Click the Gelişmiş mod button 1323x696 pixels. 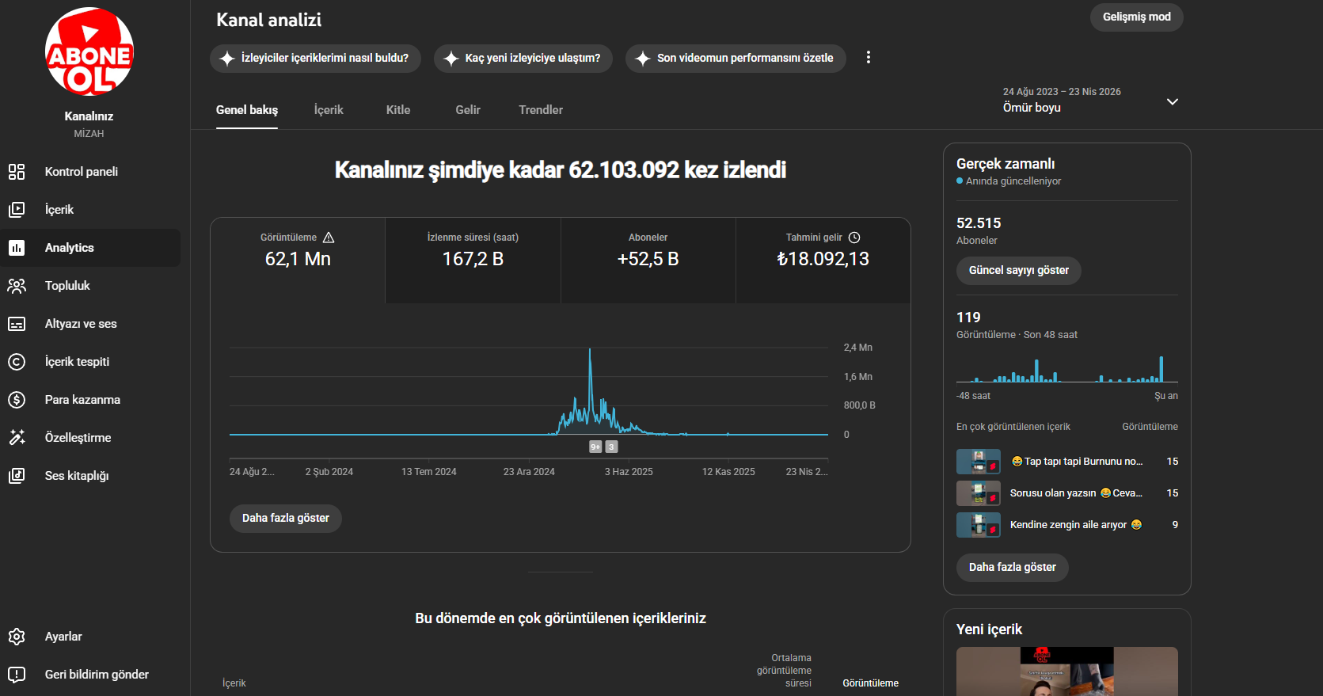pos(1136,17)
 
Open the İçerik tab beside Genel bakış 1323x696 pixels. pos(329,110)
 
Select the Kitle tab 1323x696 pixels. pos(398,110)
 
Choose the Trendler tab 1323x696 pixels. pos(541,110)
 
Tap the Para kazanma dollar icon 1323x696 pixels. pos(17,400)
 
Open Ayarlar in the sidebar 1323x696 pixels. pos(63,637)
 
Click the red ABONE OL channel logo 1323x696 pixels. pos(89,51)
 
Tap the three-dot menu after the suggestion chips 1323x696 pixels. pos(869,57)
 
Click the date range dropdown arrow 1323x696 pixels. pos(1173,101)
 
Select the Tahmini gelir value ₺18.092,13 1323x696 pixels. pos(823,259)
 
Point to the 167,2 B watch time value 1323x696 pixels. pos(473,259)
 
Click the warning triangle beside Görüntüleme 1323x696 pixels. pos(329,238)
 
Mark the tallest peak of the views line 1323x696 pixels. pos(589,349)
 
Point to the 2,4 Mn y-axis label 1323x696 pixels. pos(857,348)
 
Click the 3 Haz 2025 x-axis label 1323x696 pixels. pos(629,471)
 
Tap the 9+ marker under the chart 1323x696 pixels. pos(595,447)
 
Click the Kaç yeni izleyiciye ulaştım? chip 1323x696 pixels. pos(523,59)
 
